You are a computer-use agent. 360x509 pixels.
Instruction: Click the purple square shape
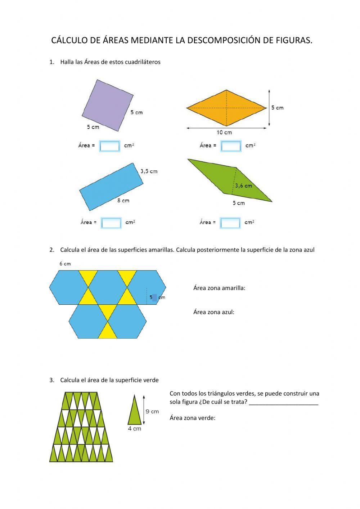(x=108, y=106)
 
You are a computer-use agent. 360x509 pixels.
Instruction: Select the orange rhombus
(x=226, y=108)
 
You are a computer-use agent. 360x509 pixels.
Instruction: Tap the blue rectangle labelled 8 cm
(x=111, y=186)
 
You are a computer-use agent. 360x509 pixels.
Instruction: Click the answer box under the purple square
(x=109, y=146)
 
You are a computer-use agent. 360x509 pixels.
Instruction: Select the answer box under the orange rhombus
(x=231, y=146)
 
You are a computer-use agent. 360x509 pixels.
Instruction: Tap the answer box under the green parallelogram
(x=230, y=223)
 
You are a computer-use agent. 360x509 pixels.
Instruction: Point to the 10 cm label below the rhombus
(x=224, y=133)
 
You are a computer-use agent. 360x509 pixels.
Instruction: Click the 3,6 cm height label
(x=244, y=186)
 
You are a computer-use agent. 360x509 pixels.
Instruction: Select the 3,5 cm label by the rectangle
(x=149, y=171)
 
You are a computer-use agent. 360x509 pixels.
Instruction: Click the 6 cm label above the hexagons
(x=65, y=264)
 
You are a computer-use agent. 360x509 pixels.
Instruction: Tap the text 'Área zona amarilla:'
(x=219, y=288)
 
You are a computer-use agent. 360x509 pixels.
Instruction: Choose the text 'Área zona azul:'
(x=213, y=312)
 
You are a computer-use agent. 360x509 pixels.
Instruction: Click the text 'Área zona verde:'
(x=192, y=418)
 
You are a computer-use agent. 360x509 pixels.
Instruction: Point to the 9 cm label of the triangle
(x=152, y=411)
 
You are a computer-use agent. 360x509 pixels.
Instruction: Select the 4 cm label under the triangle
(x=135, y=429)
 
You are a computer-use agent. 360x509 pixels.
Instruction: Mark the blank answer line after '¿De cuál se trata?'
(x=283, y=402)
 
